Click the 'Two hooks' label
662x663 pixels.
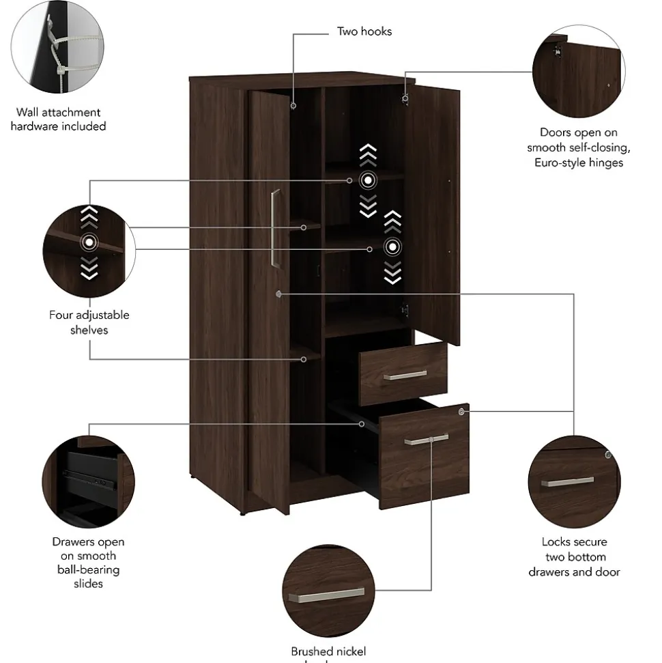click(x=364, y=31)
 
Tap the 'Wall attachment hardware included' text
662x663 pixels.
click(x=58, y=119)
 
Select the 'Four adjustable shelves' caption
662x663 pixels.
click(x=89, y=322)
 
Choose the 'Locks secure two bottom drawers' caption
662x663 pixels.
click(x=574, y=556)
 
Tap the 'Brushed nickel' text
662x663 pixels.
click(x=328, y=651)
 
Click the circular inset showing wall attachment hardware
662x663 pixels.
click(x=58, y=47)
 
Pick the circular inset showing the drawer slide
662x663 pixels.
click(x=89, y=482)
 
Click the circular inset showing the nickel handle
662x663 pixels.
click(x=329, y=590)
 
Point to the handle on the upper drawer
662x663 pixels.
click(x=405, y=375)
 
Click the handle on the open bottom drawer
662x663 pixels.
click(x=426, y=440)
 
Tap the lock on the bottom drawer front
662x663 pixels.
click(x=462, y=412)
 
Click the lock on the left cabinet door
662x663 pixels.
click(x=279, y=294)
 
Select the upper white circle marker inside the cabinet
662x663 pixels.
click(x=368, y=180)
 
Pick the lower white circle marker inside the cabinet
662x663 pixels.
click(x=392, y=246)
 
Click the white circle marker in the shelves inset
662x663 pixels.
click(x=89, y=241)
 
